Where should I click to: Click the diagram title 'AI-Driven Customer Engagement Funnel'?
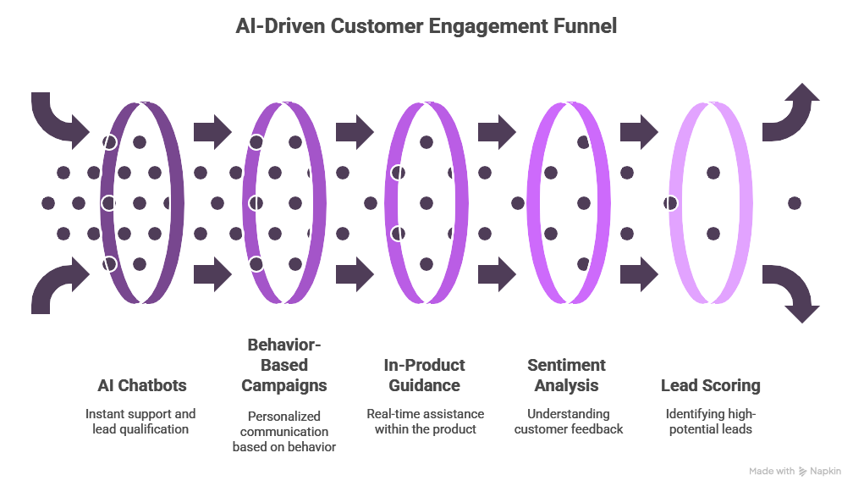coord(426,27)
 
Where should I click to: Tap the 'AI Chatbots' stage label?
coord(141,385)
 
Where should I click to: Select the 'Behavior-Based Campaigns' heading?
coord(283,365)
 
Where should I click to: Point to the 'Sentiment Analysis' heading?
coord(566,375)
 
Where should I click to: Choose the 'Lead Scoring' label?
coord(710,385)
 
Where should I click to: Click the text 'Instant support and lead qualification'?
coord(140,422)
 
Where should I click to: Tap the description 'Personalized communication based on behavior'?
coord(283,431)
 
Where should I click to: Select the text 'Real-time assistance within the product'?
coord(425,422)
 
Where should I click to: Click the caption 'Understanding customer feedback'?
coord(567,422)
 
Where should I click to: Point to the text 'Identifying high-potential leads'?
coord(710,422)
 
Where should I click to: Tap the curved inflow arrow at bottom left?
coord(58,289)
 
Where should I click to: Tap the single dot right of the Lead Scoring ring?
coord(794,203)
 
